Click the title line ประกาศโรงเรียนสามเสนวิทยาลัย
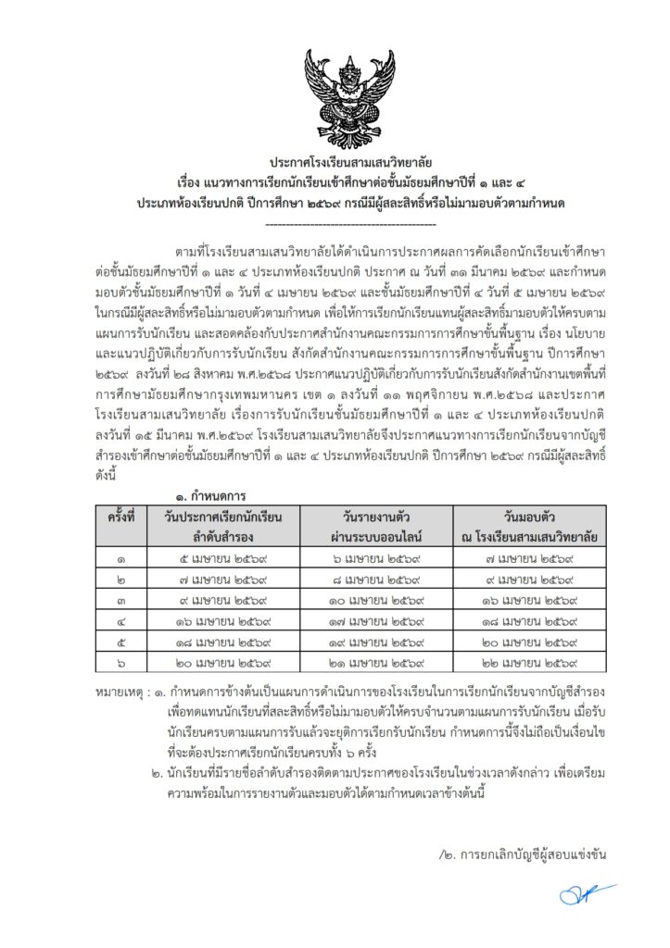[350, 160]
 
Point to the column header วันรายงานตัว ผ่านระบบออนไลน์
[382, 525]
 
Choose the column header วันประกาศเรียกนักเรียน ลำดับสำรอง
[225, 525]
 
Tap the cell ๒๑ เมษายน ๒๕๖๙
[382, 663]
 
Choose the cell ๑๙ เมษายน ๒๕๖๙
[382, 642]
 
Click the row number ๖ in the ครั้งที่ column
[121, 663]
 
